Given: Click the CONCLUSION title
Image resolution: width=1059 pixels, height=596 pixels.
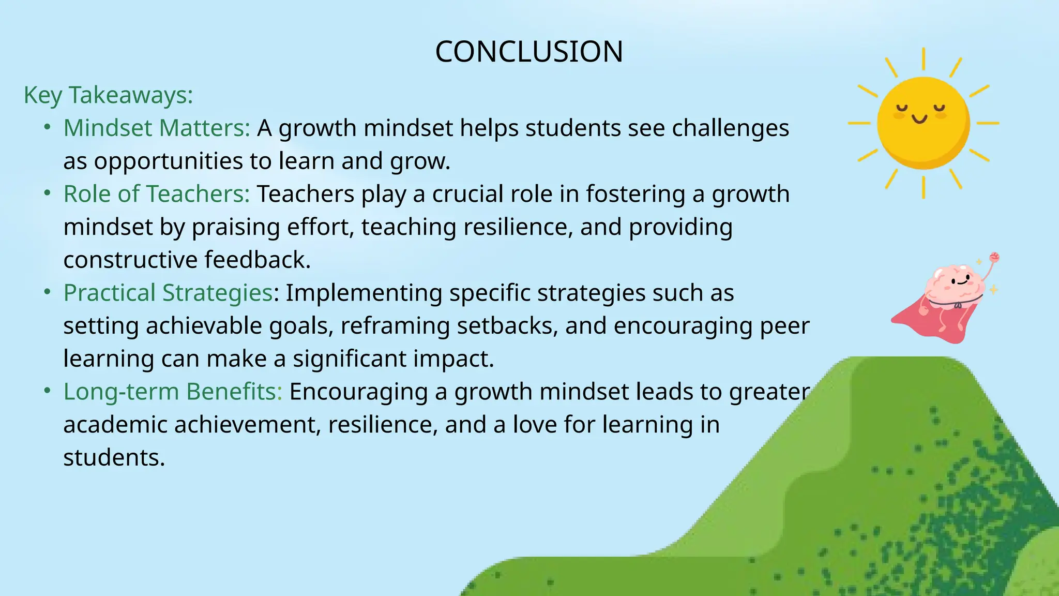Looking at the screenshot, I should (x=529, y=52).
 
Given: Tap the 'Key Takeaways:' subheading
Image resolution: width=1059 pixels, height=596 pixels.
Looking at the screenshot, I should (x=108, y=95).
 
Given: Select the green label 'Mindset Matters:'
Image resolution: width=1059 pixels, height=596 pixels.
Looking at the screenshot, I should (x=157, y=128).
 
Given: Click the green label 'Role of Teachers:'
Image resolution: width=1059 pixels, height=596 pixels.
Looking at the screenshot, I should (x=157, y=194).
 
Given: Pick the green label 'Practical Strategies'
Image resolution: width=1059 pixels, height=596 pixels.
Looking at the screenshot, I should (x=168, y=293).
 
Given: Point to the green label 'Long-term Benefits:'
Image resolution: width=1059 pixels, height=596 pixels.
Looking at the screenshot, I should (x=173, y=392).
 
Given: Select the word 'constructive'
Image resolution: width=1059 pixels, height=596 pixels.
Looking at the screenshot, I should (x=130, y=260).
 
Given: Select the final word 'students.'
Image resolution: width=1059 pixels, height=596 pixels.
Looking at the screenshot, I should (x=114, y=458).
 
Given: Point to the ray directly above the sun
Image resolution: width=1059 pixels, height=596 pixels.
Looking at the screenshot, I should (x=924, y=58).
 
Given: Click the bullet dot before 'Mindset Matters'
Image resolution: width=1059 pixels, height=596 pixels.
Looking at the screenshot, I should (x=48, y=127).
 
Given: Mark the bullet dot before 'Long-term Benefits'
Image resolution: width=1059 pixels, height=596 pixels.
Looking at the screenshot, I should (x=48, y=391).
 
